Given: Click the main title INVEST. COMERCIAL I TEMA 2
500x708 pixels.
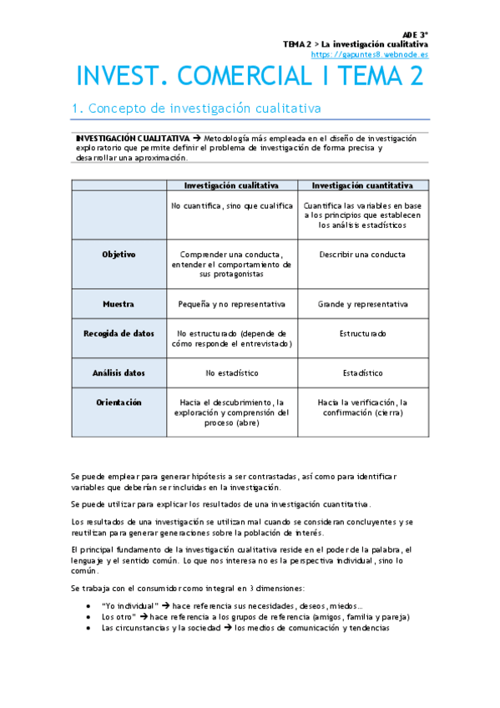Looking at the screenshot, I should [x=250, y=77].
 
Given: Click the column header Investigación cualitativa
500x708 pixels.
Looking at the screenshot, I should [x=231, y=185].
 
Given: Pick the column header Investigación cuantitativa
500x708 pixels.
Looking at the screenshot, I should [x=361, y=185].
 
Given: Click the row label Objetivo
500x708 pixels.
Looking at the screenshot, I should [x=119, y=254].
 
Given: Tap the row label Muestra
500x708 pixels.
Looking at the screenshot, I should [x=119, y=304].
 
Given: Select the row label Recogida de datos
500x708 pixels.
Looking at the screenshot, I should [x=119, y=333].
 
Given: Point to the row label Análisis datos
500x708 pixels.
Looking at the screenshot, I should [x=119, y=372].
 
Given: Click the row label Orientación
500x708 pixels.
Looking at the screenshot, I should [x=119, y=402].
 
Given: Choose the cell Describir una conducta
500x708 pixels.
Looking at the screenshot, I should [x=362, y=255].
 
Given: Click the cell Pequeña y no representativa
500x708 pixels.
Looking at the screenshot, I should [x=231, y=305].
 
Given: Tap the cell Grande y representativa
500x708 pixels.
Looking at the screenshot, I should [x=362, y=305].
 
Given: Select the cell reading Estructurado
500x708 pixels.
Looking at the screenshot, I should [x=362, y=334].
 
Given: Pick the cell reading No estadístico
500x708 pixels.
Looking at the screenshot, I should [x=231, y=373].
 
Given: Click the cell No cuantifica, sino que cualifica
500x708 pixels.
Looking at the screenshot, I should [x=231, y=205].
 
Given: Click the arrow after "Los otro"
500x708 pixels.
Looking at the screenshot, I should [x=143, y=617].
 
